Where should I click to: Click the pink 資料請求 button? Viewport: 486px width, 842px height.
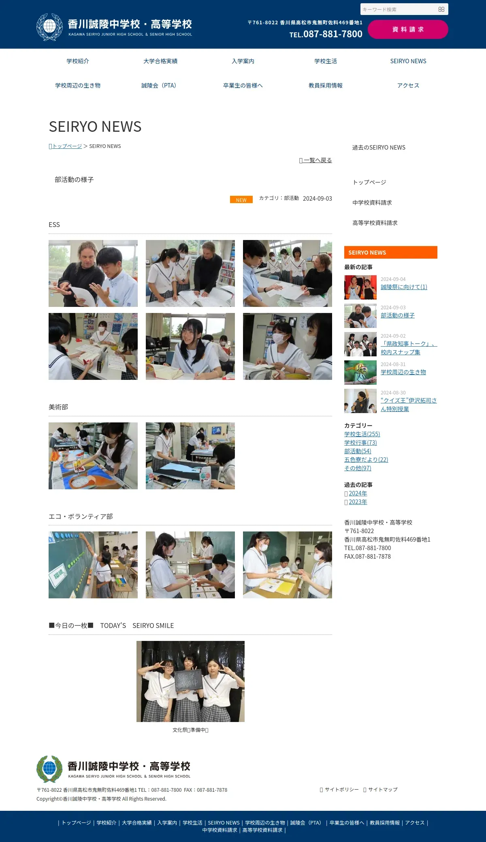coord(408,30)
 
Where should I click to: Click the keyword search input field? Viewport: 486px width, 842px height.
coord(399,9)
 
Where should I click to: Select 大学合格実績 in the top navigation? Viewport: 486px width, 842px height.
coord(160,61)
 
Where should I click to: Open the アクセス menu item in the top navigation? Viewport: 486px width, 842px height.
coord(408,86)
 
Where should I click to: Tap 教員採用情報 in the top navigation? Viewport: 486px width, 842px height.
coord(326,86)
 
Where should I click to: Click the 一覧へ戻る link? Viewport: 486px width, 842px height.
coord(315,160)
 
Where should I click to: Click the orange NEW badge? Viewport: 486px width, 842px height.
coord(241,200)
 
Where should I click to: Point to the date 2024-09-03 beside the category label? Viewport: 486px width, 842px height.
coord(318,199)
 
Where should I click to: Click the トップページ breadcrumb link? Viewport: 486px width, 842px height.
coord(66,146)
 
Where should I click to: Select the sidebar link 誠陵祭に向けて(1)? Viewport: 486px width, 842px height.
coord(404,287)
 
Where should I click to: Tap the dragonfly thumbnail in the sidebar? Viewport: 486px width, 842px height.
coord(360,373)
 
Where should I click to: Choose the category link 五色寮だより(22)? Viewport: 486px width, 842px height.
coord(366,460)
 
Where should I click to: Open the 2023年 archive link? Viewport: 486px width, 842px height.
coord(358,502)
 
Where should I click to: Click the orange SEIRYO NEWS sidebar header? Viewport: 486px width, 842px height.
coord(391,252)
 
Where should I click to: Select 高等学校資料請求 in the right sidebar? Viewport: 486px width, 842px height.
coord(375,223)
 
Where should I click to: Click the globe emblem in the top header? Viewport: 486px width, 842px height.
coord(50,27)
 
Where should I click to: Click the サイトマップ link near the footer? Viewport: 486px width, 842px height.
coord(383,790)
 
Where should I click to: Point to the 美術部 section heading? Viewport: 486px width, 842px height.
coord(58,407)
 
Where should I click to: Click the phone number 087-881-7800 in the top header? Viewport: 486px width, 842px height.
coord(333,34)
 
